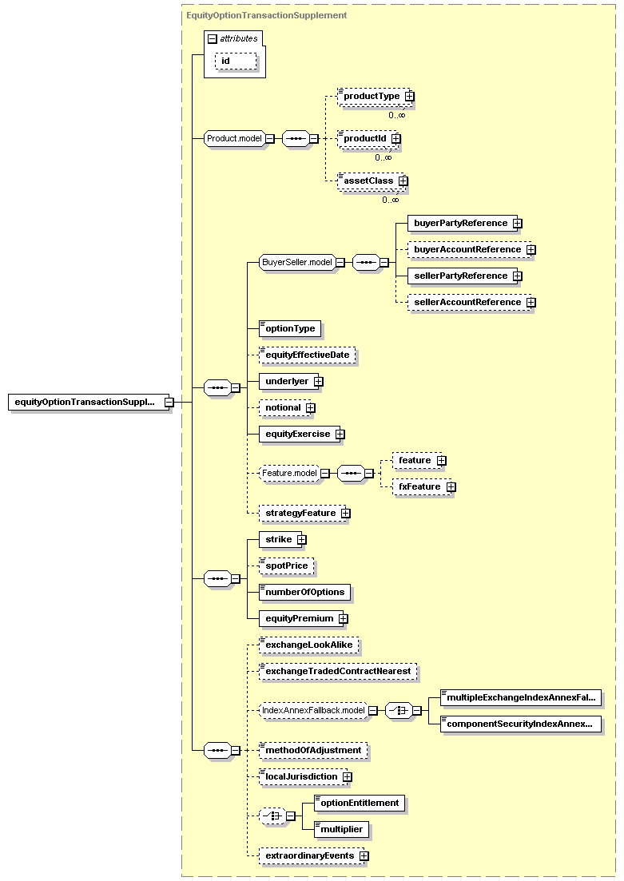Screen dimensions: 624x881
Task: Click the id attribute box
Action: (x=236, y=62)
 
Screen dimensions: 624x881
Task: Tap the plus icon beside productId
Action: (x=396, y=138)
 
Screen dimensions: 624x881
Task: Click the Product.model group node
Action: (x=234, y=138)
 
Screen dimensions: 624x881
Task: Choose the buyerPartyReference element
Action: (x=461, y=223)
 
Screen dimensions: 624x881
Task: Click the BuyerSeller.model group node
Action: (x=297, y=263)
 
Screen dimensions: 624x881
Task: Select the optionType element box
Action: (x=290, y=329)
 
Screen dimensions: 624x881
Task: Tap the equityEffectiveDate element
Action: (x=308, y=355)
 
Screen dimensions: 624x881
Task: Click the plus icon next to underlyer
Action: (x=319, y=382)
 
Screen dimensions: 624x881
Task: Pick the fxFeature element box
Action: (x=420, y=486)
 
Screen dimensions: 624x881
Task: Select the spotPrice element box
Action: (x=287, y=566)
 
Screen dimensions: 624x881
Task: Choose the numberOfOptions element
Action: (x=304, y=592)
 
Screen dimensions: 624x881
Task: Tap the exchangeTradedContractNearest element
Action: (x=338, y=672)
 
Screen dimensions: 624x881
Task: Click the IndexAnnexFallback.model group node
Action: (x=313, y=711)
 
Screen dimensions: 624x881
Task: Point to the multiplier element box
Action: (x=342, y=829)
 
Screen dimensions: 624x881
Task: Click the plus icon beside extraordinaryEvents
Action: (x=364, y=855)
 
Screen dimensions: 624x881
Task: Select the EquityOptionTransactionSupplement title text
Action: (x=267, y=15)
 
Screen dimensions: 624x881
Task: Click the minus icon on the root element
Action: (x=169, y=403)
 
